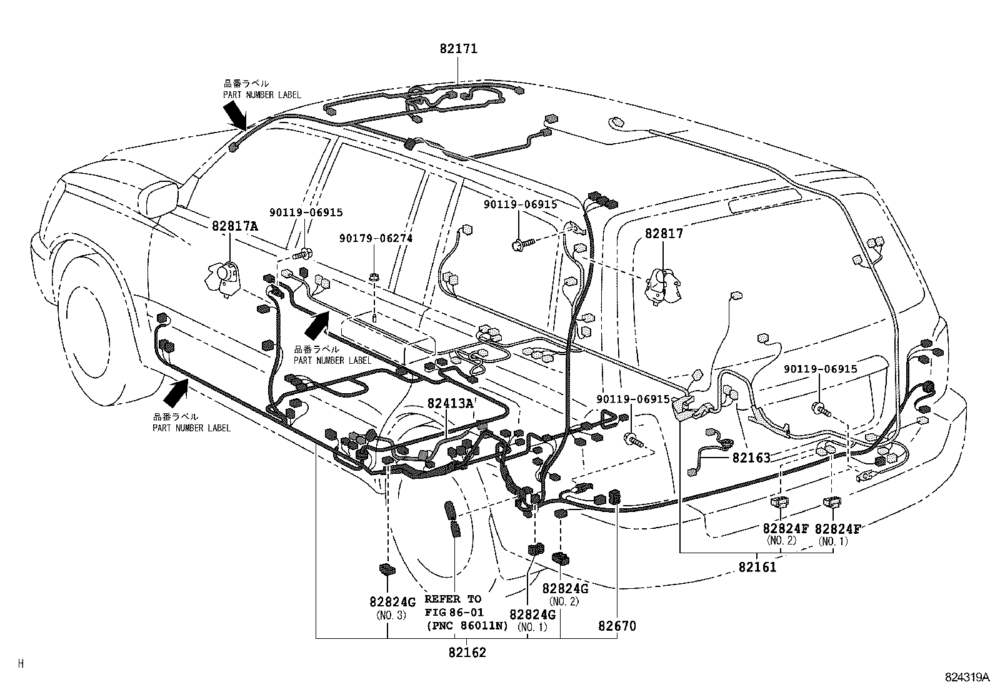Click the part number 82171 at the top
point(458,48)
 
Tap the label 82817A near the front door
point(234,226)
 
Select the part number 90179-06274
point(376,239)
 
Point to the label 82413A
point(451,403)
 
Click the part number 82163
point(751,458)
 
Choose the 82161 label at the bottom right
point(757,567)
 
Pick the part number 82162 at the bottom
point(467,653)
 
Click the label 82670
point(617,626)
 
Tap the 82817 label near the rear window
point(664,233)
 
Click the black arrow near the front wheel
point(176,393)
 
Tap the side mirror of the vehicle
point(159,198)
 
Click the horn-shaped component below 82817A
point(223,279)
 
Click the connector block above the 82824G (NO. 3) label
point(387,569)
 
